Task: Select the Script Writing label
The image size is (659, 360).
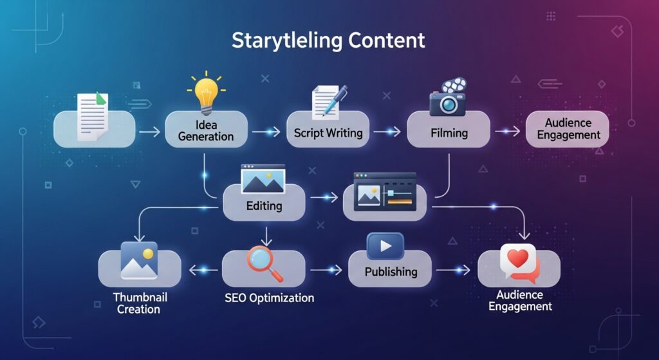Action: tap(328, 133)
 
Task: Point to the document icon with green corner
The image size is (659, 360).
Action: tap(92, 116)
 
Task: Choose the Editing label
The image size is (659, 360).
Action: tap(265, 206)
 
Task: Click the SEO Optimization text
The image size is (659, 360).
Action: tap(270, 298)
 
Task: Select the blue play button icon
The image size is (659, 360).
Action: tap(384, 246)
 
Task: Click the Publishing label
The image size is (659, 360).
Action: tap(391, 272)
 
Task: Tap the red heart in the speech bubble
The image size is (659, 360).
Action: tap(518, 259)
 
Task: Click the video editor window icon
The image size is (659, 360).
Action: tap(385, 191)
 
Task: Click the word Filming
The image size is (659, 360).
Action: tap(449, 133)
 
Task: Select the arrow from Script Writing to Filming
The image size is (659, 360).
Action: tap(387, 132)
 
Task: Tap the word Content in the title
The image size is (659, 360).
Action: tap(386, 40)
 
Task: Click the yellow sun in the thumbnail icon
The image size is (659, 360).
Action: tap(149, 254)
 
